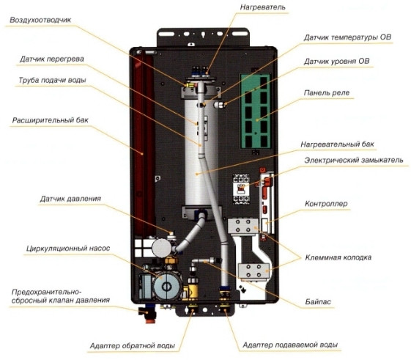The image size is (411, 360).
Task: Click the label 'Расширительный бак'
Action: tap(46, 120)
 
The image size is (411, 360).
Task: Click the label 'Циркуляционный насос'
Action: tap(68, 249)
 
